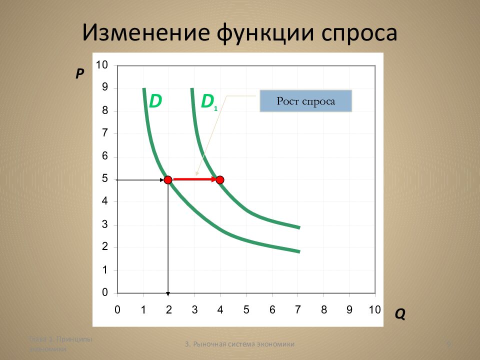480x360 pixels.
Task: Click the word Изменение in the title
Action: [x=145, y=33]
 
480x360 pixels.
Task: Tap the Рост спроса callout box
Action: [x=306, y=101]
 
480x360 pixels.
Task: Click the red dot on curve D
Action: [x=168, y=179]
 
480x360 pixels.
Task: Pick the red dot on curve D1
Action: [x=219, y=179]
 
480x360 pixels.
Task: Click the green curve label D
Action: [x=155, y=101]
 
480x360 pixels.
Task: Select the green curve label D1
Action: [x=208, y=102]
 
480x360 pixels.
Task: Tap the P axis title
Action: [x=80, y=74]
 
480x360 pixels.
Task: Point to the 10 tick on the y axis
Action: [x=102, y=65]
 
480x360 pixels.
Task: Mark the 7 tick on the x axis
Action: [x=298, y=309]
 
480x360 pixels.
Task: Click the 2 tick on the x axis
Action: [x=168, y=309]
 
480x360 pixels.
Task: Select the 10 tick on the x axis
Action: [x=374, y=309]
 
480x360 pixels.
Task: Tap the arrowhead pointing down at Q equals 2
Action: [x=168, y=292]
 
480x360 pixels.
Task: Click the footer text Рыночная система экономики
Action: [x=239, y=344]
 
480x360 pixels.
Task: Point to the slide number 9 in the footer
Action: [x=448, y=344]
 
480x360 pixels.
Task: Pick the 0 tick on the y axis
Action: [x=105, y=292]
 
